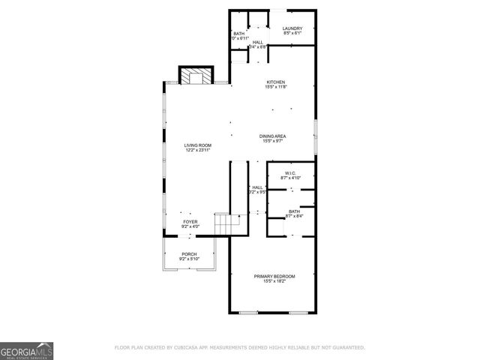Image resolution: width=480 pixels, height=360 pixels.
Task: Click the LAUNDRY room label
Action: [x=292, y=28]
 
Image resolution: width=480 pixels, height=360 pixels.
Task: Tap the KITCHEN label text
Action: [x=274, y=82]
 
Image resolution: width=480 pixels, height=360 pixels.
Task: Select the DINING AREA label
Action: [x=274, y=136]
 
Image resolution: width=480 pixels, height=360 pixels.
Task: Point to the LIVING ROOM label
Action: [x=199, y=145]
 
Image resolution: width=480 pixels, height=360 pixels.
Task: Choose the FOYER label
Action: [x=190, y=222]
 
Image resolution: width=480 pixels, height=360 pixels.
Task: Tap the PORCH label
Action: [x=188, y=254]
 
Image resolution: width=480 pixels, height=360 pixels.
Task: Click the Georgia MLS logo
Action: [x=26, y=350]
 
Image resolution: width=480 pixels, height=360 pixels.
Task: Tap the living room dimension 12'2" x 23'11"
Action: [x=199, y=151]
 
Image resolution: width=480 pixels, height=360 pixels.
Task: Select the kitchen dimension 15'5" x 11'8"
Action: [x=274, y=87]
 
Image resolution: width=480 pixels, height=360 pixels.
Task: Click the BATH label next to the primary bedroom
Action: [x=295, y=211]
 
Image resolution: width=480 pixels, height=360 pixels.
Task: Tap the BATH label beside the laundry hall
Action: [x=238, y=34]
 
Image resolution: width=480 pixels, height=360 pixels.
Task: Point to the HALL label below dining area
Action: [x=257, y=187]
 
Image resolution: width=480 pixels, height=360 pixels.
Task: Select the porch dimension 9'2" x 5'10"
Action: [x=188, y=259]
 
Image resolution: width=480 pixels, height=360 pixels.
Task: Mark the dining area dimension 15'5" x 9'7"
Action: [x=274, y=141]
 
